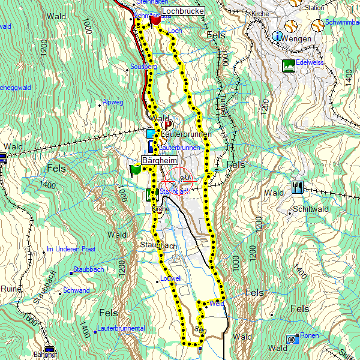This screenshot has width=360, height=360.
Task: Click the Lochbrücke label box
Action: pyautogui.click(x=183, y=11)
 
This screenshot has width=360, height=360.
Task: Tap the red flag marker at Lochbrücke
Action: pyautogui.click(x=155, y=20)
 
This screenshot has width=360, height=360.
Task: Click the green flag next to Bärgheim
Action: pyautogui.click(x=135, y=170)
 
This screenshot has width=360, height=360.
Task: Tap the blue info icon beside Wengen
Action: pyautogui.click(x=278, y=37)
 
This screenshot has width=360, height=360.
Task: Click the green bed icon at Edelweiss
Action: pyautogui.click(x=288, y=65)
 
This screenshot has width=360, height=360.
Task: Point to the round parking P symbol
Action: pyautogui.click(x=167, y=125)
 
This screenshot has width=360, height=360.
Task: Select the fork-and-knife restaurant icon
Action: pyautogui.click(x=297, y=187)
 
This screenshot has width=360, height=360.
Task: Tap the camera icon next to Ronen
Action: pyautogui.click(x=292, y=339)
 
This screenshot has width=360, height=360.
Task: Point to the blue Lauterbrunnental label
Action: pyautogui.click(x=121, y=329)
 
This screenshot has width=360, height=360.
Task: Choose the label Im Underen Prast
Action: pyautogui.click(x=71, y=249)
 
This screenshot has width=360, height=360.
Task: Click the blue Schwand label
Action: pyautogui.click(x=76, y=290)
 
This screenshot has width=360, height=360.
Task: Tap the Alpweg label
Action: pyautogui.click(x=113, y=103)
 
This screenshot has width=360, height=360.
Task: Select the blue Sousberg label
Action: pyautogui.click(x=143, y=67)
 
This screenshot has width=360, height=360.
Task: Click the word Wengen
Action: pyautogui.click(x=298, y=39)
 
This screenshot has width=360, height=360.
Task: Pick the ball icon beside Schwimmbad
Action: pyautogui.click(x=317, y=25)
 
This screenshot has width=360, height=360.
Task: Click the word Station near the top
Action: pyautogui.click(x=314, y=8)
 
